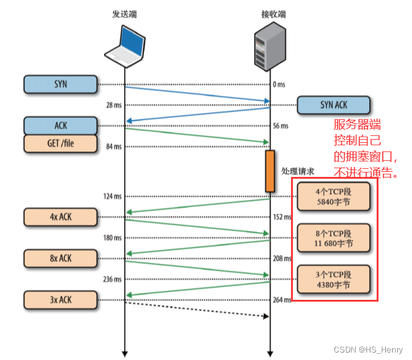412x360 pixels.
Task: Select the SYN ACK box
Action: point(333,105)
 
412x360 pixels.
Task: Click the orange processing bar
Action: point(270,170)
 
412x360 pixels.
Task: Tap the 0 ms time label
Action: point(279,84)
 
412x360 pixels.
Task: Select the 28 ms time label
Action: point(114,105)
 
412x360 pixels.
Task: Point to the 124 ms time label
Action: point(112,196)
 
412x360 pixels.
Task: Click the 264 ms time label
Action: point(282,300)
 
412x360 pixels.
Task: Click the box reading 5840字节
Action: point(334,197)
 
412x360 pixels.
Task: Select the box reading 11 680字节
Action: point(334,238)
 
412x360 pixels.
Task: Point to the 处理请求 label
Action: point(298,170)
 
